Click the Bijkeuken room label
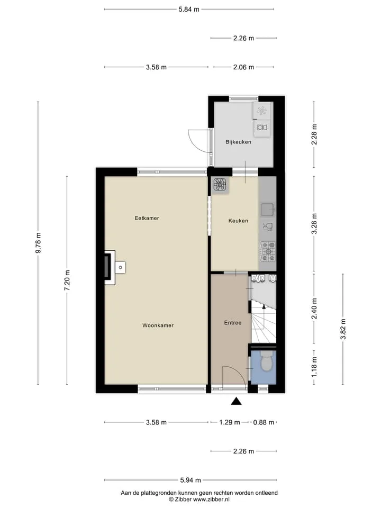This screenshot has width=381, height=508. point(238,142)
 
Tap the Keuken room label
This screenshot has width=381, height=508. point(238,221)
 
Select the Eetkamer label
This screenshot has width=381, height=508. point(147,218)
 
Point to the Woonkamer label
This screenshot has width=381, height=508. point(158,325)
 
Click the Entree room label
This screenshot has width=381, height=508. point(233,323)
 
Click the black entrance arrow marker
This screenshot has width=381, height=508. point(236,401)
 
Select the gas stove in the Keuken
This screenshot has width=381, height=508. point(268,251)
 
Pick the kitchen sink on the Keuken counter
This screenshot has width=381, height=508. point(268,210)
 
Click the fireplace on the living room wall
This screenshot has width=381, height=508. point(110,268)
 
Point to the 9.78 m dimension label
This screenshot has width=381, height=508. point(38,243)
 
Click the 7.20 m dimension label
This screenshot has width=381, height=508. point(67,280)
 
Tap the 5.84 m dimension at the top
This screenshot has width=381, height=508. point(189,10)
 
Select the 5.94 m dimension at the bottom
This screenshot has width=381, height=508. point(190,480)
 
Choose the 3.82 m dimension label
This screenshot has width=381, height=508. point(343,329)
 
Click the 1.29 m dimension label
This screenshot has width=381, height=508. point(230,422)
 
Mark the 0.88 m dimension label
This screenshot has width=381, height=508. point(264,422)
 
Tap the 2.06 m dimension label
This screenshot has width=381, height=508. point(243,67)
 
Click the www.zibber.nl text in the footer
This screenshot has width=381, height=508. point(211,500)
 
